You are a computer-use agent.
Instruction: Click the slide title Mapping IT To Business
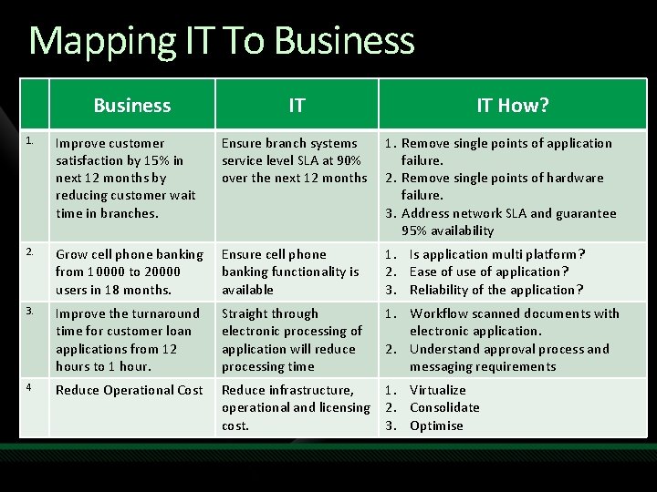click(222, 41)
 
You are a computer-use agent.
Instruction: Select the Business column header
click(132, 106)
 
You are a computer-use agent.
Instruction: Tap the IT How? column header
click(513, 106)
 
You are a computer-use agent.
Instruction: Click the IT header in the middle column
click(297, 106)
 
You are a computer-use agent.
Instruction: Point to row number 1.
click(30, 141)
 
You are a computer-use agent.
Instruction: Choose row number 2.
click(30, 252)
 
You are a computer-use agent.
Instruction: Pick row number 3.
click(30, 312)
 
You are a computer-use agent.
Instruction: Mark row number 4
click(30, 388)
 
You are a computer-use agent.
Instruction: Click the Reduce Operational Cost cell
click(130, 390)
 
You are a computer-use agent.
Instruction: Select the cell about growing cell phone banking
click(130, 272)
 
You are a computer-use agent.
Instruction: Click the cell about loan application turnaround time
click(128, 340)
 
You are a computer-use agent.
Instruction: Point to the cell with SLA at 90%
click(294, 160)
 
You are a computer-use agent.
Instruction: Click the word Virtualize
click(438, 390)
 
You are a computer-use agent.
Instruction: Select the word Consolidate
click(444, 407)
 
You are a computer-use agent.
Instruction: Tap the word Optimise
click(436, 425)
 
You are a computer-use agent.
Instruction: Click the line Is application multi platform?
click(497, 254)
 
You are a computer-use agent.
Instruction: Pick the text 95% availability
click(447, 231)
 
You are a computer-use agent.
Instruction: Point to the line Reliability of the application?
click(495, 290)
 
